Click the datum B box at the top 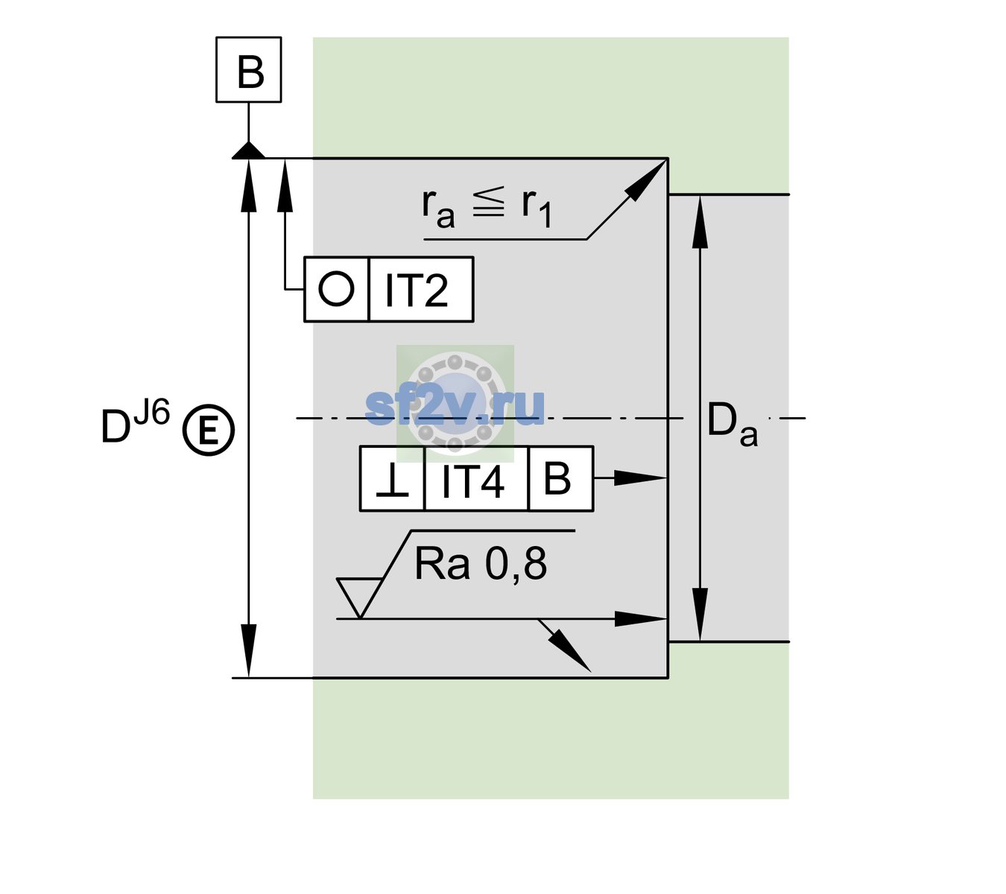248,69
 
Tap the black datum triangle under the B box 248,151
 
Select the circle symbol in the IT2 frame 336,289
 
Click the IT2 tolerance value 416,291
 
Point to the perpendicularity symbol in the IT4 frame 392,480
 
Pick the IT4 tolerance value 472,481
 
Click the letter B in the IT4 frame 557,478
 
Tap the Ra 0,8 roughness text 480,563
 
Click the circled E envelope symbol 209,430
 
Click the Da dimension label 732,423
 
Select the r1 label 537,208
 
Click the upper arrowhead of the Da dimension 700,222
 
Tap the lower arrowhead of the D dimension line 248,651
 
